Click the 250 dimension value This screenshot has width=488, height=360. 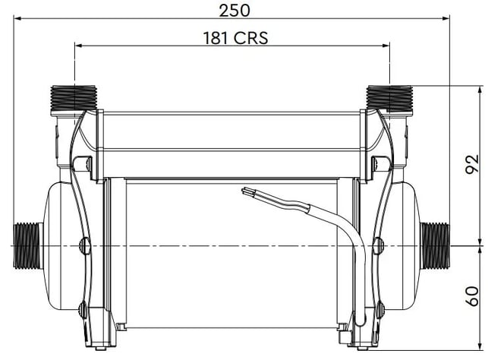(235, 11)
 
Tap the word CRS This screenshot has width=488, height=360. (251, 38)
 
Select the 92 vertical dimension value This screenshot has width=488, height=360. (472, 164)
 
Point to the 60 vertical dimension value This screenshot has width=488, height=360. (472, 296)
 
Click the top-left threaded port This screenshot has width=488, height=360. (74, 98)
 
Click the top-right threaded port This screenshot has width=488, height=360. (389, 98)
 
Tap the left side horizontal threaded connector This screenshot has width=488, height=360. (28, 245)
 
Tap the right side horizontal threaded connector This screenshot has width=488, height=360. (435, 245)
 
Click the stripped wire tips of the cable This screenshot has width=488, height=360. (247, 191)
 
